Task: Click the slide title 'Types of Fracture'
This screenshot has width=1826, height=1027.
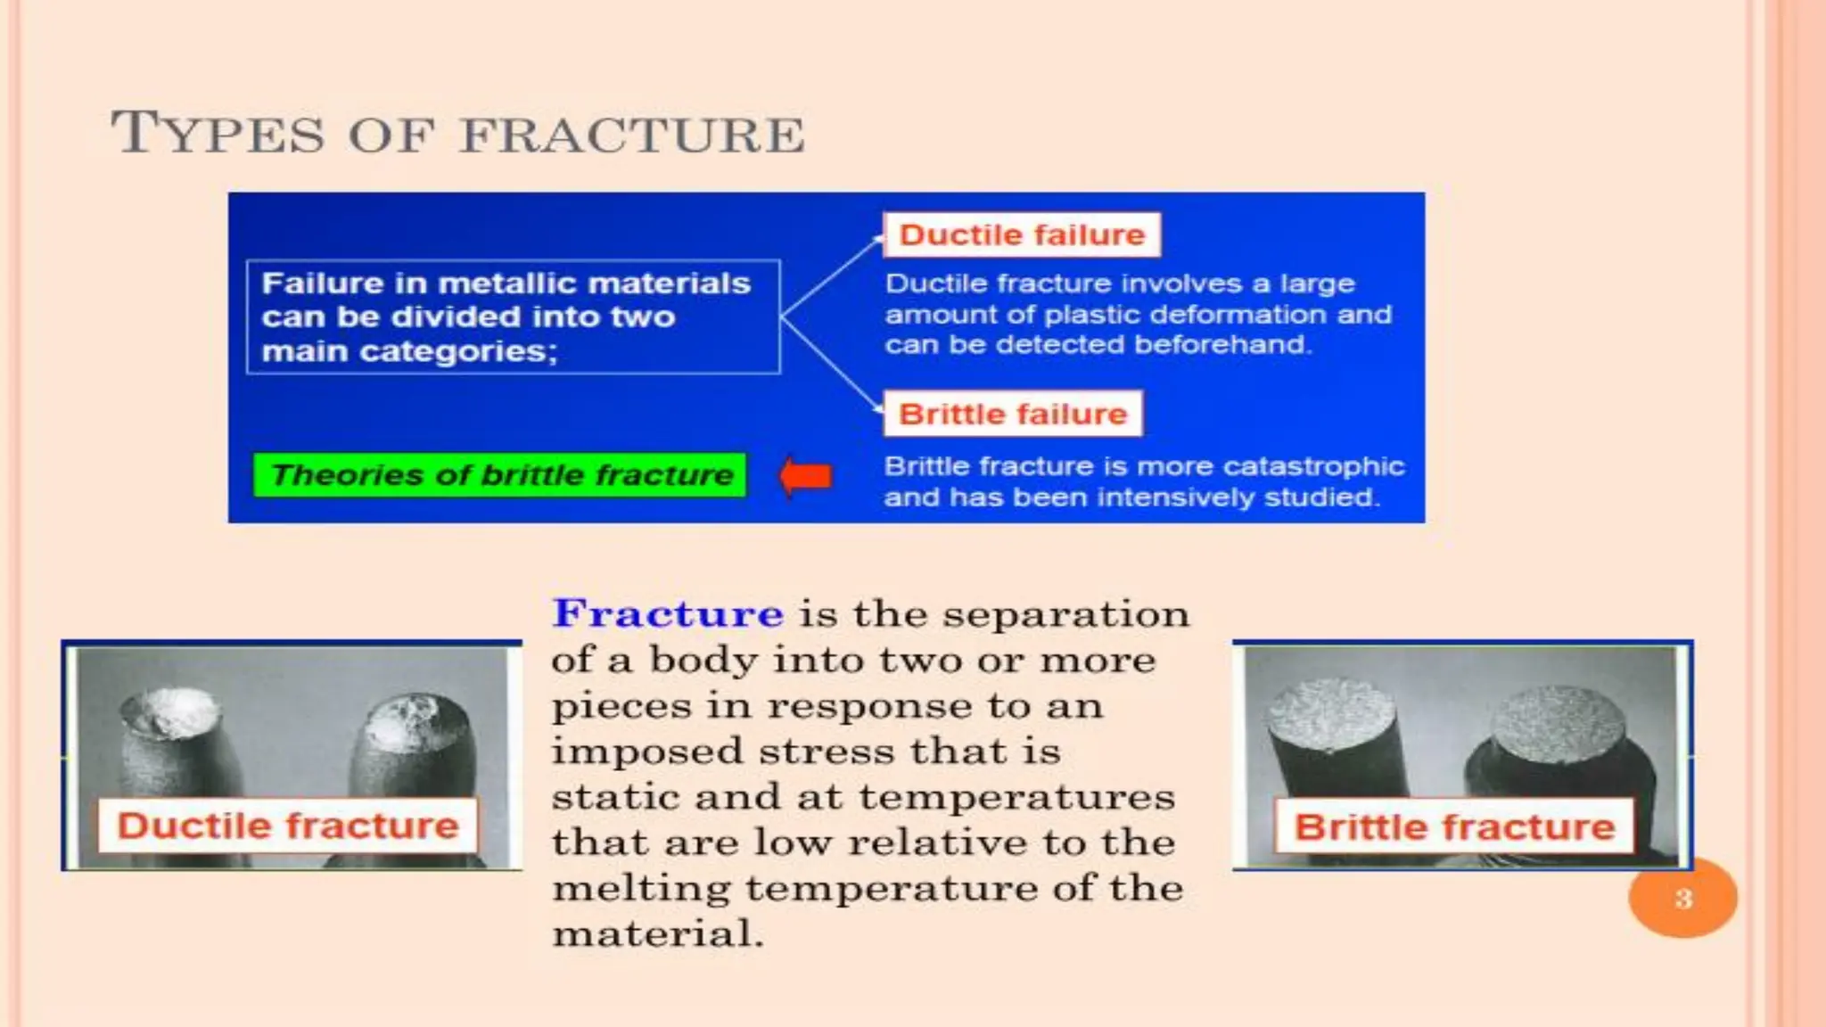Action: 456,134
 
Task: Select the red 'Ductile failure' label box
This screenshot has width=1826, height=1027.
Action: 1021,234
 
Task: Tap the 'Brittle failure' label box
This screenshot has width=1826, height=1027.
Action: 1012,414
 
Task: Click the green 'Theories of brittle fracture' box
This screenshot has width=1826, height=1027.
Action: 500,475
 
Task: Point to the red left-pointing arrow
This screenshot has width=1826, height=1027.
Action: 806,476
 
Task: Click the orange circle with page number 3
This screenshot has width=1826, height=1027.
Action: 1682,898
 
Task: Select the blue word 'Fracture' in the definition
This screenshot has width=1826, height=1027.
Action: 668,613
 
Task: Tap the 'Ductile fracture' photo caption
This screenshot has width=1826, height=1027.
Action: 287,826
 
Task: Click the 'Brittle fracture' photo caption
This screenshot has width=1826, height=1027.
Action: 1454,827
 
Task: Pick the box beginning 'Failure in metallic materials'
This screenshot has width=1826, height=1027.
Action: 513,316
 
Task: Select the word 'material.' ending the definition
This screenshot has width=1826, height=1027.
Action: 658,934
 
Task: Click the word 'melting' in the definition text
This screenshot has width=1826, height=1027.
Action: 640,889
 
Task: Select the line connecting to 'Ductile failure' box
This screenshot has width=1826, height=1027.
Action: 829,276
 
